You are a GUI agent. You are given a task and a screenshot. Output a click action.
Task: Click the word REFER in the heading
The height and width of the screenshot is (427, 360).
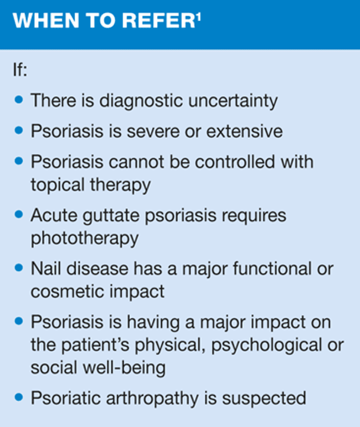tap(158, 21)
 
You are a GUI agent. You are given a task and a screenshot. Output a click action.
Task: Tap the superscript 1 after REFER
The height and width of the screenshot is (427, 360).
tap(198, 18)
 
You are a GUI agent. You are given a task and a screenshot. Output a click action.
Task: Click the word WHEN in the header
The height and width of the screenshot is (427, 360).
tap(46, 21)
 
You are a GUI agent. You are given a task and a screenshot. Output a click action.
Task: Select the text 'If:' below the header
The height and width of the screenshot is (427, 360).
tap(20, 70)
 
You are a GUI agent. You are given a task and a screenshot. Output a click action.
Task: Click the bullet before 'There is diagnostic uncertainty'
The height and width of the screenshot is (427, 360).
tap(19, 100)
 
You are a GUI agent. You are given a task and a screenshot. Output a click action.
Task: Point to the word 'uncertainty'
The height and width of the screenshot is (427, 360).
tap(233, 101)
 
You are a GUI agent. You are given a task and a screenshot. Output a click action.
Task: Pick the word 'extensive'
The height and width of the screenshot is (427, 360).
tap(244, 131)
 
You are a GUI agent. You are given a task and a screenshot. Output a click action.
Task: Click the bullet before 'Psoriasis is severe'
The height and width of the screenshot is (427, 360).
tap(19, 130)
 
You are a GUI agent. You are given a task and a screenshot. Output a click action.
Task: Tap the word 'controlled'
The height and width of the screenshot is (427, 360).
tap(235, 162)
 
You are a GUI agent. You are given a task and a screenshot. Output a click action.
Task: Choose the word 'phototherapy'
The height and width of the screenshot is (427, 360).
tap(84, 239)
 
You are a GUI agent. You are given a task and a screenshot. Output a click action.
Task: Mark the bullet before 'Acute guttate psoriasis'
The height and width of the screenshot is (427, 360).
tap(19, 214)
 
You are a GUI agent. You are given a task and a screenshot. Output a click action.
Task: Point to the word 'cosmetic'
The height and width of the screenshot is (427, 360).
tap(66, 292)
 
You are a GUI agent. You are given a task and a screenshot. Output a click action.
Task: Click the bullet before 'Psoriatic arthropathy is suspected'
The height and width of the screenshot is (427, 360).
tap(19, 397)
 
